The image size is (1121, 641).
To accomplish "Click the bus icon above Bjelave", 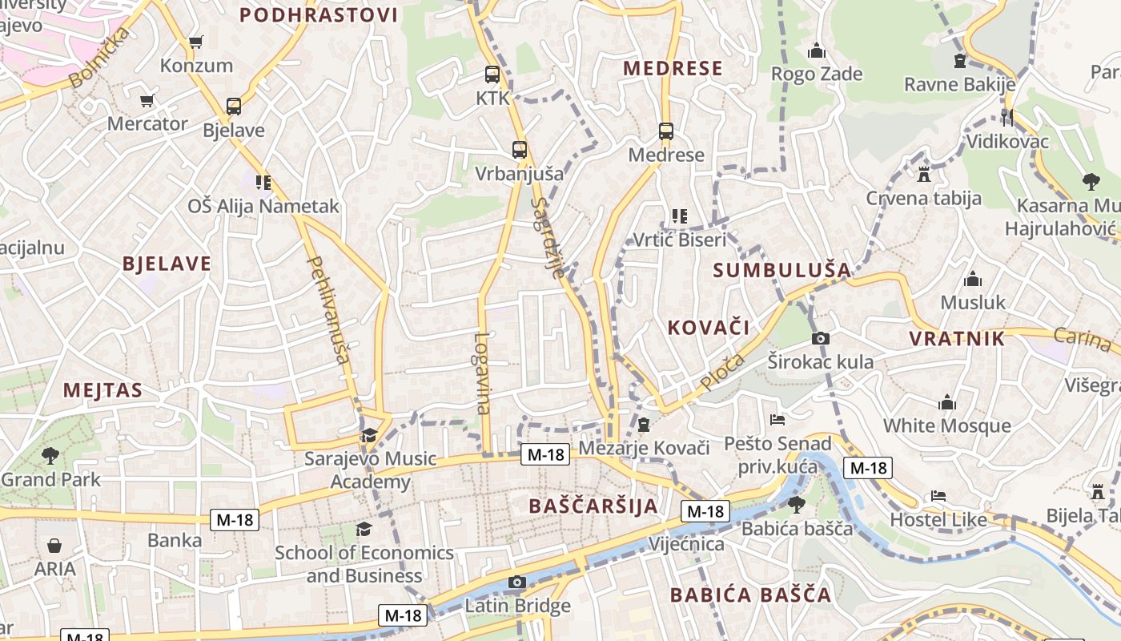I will (233, 106).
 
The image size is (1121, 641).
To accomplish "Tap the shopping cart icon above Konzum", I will (195, 42).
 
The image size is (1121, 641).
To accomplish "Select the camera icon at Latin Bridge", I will (517, 582).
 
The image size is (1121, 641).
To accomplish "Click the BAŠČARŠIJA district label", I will (593, 506).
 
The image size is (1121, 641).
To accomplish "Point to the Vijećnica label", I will (687, 545).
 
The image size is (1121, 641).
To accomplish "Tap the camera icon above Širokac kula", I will (820, 339).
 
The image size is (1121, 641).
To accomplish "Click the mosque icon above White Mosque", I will (947, 402).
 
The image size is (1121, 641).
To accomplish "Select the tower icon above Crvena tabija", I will (924, 174).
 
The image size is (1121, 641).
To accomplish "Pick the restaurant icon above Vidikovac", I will (1007, 118).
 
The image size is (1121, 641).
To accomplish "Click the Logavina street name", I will (482, 373).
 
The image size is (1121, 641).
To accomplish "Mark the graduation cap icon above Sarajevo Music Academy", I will (369, 435).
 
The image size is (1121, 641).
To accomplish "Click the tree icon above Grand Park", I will (50, 456).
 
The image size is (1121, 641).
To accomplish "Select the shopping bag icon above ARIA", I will (54, 546).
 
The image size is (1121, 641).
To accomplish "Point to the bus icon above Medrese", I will (665, 131).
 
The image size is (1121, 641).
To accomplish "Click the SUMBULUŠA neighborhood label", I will (781, 270).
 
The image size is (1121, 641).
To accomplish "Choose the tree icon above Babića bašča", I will (796, 504).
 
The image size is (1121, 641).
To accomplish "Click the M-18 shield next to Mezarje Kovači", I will (545, 454).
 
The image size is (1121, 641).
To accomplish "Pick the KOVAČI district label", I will (709, 327).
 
